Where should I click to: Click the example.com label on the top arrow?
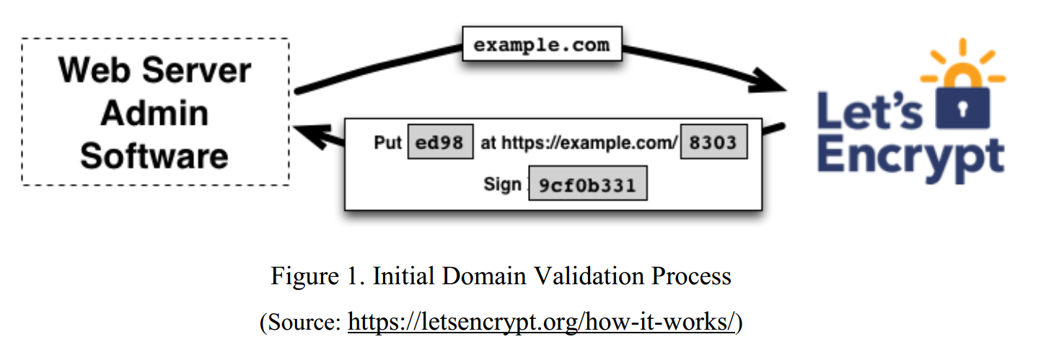541,45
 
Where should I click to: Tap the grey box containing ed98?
440,142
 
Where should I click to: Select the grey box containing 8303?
713,142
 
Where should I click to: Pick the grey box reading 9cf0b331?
587,185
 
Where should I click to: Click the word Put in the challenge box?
387,143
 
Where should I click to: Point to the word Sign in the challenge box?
502,185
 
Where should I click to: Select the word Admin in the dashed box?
154,113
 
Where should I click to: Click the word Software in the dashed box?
154,156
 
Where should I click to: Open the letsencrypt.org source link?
541,322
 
